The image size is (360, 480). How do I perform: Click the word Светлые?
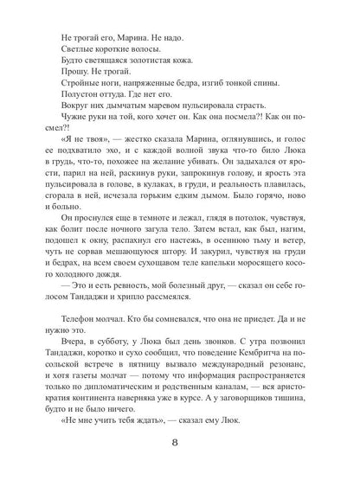pyautogui.click(x=80, y=54)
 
